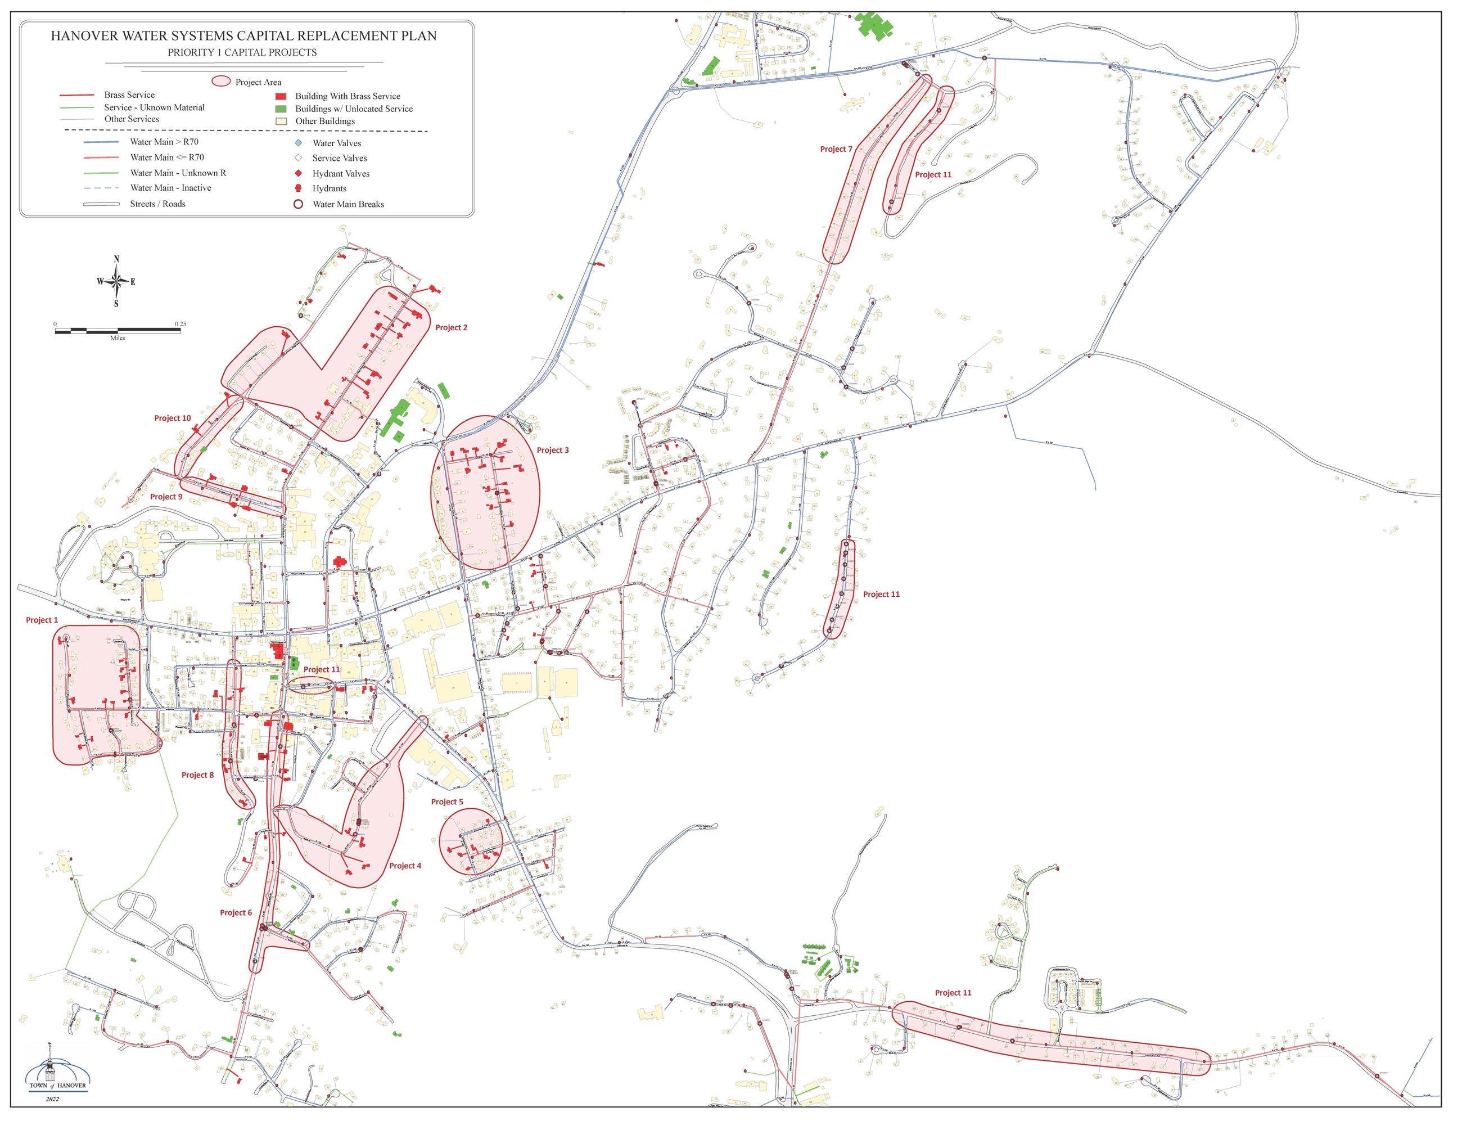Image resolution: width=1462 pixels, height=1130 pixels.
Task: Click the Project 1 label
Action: [42, 620]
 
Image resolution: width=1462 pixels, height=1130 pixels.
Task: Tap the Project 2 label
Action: [451, 327]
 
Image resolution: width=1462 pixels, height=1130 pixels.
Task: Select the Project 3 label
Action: [552, 450]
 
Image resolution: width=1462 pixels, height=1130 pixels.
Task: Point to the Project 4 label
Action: [405, 866]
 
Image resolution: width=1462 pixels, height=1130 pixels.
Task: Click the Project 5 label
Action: [446, 802]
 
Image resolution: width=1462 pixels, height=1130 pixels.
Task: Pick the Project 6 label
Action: [236, 912]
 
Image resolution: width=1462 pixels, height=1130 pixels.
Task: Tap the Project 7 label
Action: [836, 149]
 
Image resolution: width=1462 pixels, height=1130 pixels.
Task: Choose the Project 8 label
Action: [197, 775]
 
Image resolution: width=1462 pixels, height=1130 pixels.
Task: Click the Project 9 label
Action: [166, 497]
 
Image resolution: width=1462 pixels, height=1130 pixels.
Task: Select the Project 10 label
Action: [172, 418]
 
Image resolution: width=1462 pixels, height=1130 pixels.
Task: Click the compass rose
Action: [116, 281]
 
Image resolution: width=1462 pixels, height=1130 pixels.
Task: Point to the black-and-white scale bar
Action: [118, 330]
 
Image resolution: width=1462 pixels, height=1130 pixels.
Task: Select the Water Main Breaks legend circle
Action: [299, 204]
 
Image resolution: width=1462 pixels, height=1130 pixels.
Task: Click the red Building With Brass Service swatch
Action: [281, 96]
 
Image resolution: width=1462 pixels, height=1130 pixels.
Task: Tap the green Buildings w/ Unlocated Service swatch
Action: [281, 109]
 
